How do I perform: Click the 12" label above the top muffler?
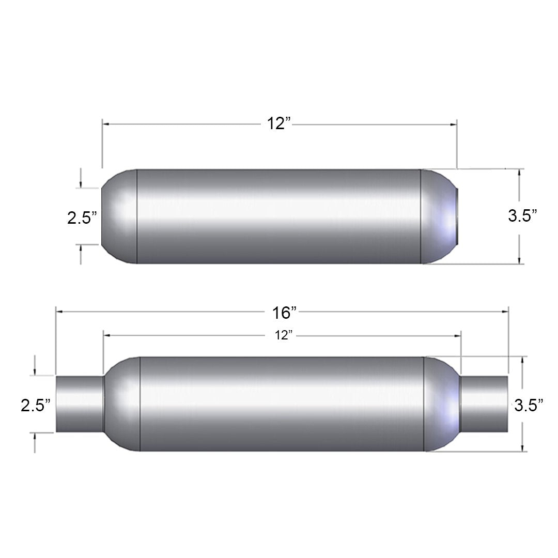[279, 123]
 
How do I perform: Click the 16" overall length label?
[284, 313]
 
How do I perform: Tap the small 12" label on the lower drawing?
[283, 335]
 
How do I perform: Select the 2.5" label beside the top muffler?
[82, 218]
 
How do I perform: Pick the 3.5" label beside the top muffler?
[522, 215]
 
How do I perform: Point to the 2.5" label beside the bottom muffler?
[36, 405]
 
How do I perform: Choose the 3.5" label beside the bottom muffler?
[529, 405]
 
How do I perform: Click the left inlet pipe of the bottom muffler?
[80, 404]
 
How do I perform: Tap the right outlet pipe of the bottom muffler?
[484, 404]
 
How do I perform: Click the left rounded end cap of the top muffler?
[119, 216]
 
